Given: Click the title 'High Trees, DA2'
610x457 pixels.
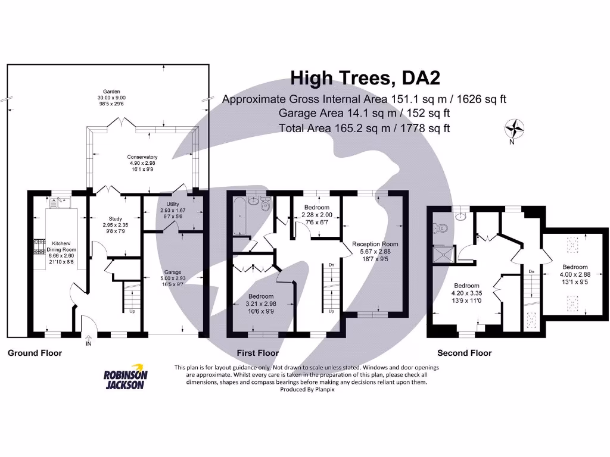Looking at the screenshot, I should point(365,78).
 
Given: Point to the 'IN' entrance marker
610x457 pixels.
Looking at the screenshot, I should point(89,344).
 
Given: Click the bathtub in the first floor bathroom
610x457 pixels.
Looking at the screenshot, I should point(240,218).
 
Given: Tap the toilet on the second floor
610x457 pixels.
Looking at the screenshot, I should point(440,228).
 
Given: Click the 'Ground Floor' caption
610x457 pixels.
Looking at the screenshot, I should point(35,353).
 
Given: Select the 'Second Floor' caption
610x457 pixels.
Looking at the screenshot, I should point(465,353).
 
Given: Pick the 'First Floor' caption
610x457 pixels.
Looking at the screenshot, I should point(258,353).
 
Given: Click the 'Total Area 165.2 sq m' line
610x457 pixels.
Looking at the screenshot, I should point(364,128).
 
